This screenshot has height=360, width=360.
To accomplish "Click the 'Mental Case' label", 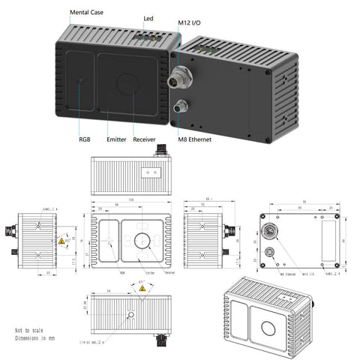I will [87, 13].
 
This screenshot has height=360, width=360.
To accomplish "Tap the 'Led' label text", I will [148, 17].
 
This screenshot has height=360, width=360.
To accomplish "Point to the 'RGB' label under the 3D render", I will [84, 139].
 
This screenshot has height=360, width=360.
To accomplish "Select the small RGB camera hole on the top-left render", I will [80, 79].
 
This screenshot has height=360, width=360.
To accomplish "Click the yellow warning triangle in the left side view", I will [61, 243].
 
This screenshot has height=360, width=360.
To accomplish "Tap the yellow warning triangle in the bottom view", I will [140, 296].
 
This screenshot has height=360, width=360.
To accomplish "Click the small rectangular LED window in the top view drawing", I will [150, 171].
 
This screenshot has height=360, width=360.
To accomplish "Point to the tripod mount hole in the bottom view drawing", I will [132, 314].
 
